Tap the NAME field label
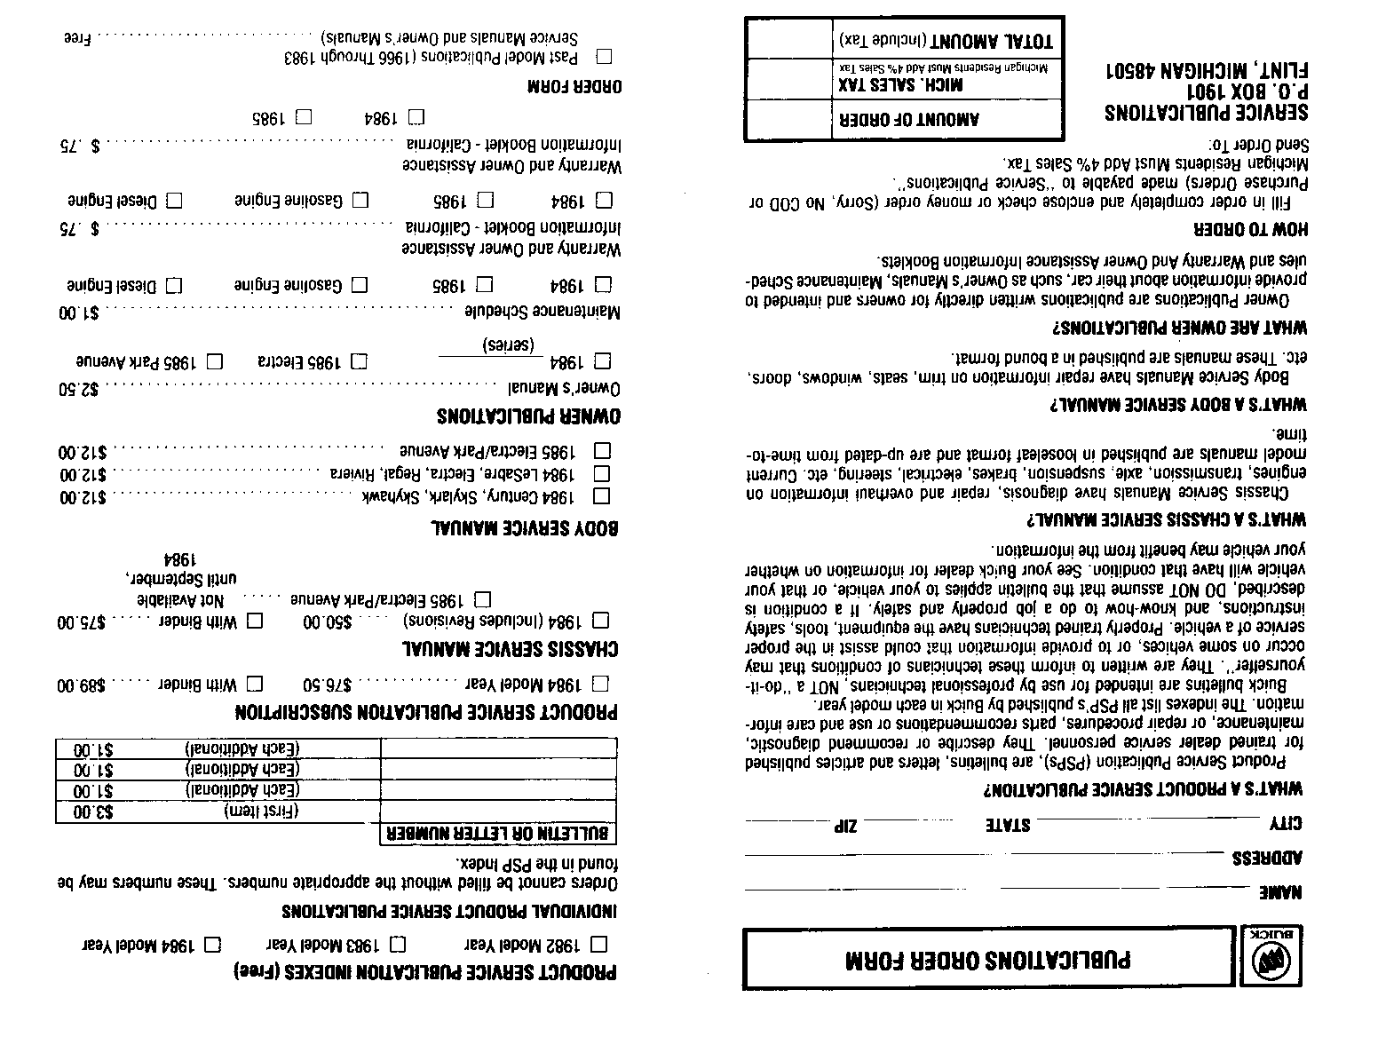coord(1280,892)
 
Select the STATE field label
coord(1007,825)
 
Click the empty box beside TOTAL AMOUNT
coord(788,39)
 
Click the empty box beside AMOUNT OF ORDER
coord(788,119)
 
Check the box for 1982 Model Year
coord(600,943)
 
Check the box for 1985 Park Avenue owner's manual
coord(214,361)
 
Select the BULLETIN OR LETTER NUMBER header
coord(498,834)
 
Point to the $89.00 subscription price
coord(82,685)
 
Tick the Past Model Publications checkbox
coord(604,58)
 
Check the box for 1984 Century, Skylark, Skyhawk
coord(601,495)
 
